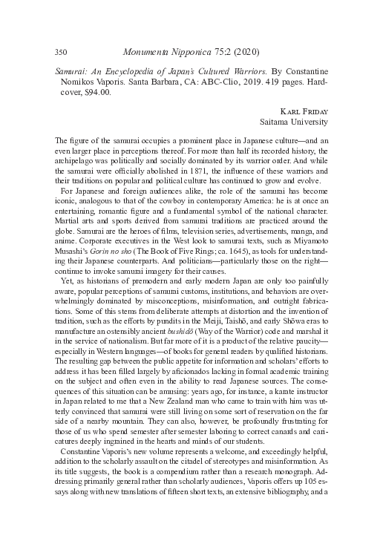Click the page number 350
click(62, 53)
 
